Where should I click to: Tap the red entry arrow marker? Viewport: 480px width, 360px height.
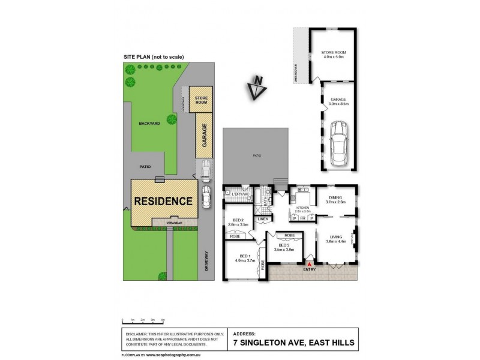pos(310,263)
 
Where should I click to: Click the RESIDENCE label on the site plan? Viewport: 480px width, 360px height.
pos(163,200)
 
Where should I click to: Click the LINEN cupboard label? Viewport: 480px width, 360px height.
pos(262,219)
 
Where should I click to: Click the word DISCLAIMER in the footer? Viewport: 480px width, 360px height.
pos(137,333)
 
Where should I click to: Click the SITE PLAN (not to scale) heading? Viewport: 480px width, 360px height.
pos(154,56)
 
